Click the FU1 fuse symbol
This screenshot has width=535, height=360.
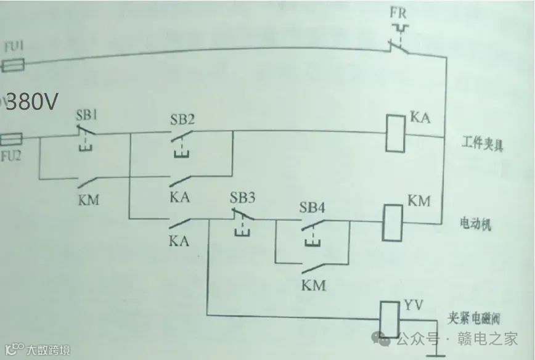click(x=12, y=63)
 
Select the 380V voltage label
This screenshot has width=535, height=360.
click(x=31, y=101)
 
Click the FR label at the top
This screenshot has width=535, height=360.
click(x=398, y=13)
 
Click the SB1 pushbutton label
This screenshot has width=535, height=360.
click(x=87, y=115)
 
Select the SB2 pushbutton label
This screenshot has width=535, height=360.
click(x=182, y=119)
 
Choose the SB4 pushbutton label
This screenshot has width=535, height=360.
click(x=312, y=208)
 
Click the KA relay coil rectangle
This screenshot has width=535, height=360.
click(x=395, y=133)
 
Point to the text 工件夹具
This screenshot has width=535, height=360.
click(x=483, y=146)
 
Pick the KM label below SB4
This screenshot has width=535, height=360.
click(x=313, y=286)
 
